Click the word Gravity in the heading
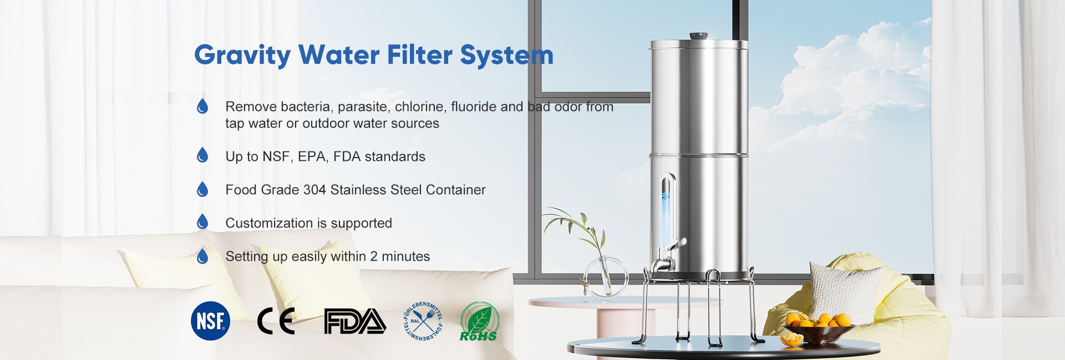242,55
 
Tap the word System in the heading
506,55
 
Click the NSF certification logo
210,321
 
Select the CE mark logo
276,321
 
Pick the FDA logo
355,321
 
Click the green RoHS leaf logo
479,321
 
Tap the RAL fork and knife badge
423,321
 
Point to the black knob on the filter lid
698,37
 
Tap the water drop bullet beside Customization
202,222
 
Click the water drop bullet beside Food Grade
202,189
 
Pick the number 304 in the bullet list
315,190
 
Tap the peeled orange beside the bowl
791,339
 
